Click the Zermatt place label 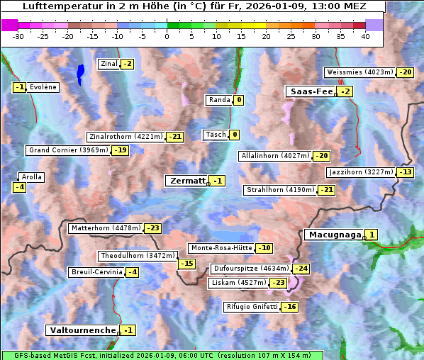pos(187,181)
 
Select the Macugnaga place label pos(333,235)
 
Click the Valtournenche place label pos(82,330)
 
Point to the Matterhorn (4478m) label pos(105,228)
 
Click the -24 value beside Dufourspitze pos(301,269)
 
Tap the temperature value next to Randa pos(239,100)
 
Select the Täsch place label pos(215,135)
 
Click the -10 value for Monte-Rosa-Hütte pos(264,248)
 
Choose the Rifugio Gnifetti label pos(252,307)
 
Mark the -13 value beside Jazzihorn pos(405,172)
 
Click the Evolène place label pos(43,87)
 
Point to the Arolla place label pos(32,177)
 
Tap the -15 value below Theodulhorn pos(186,264)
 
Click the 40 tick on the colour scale pos(365,36)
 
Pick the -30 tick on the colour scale pos(18,36)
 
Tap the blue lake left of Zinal pos(80,72)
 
